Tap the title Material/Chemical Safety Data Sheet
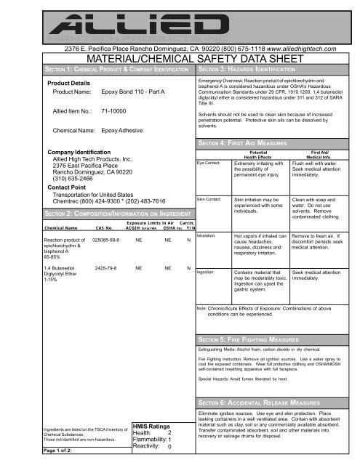click(x=180, y=58)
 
